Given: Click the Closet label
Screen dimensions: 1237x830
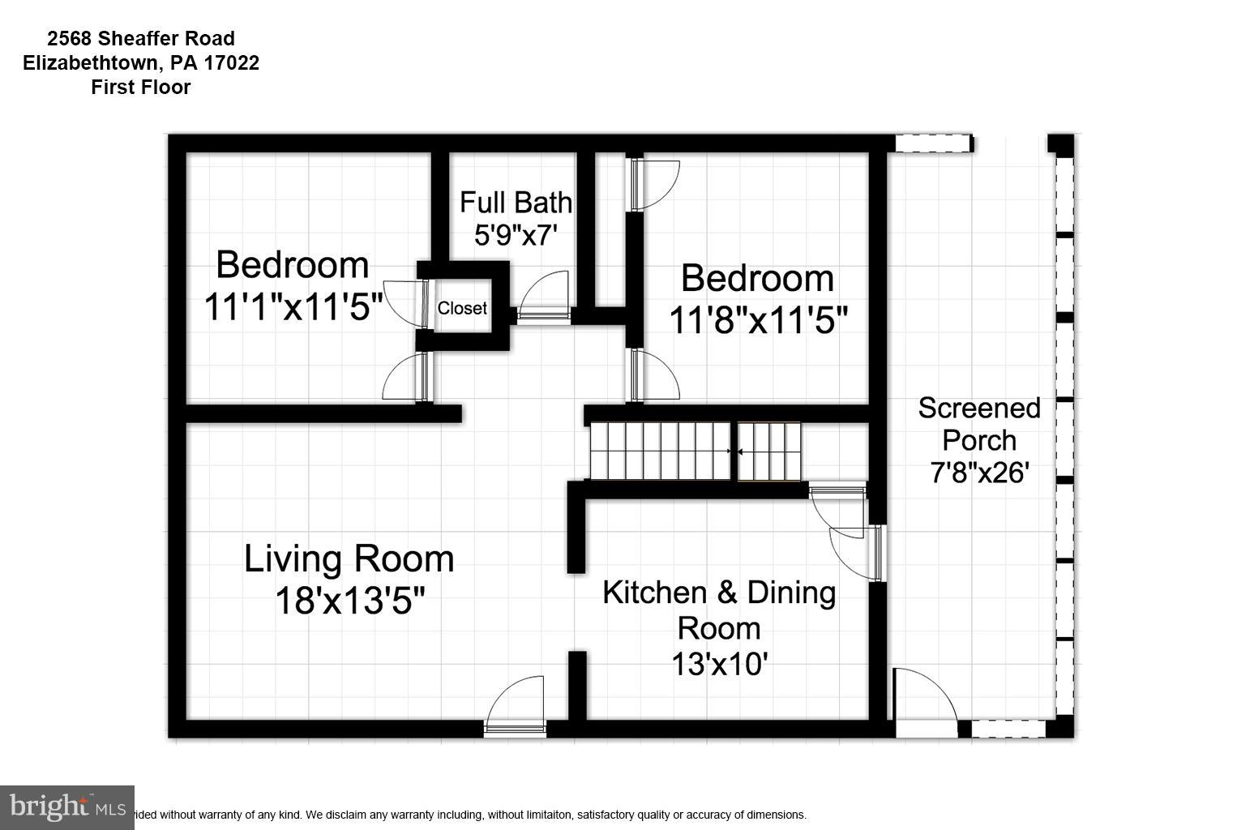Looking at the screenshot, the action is (462, 308).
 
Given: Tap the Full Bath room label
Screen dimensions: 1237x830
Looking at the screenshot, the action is (516, 202).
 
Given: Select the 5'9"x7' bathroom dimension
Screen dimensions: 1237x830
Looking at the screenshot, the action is (516, 235).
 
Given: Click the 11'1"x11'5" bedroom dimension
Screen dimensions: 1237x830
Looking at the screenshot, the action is (293, 306).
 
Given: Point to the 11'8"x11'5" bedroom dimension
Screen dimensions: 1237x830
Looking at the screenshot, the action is (758, 319).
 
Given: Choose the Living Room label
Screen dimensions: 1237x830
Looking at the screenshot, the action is (349, 558).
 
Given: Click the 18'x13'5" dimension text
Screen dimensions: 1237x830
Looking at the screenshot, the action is (350, 601).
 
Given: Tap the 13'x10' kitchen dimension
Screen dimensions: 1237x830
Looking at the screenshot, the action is (720, 663).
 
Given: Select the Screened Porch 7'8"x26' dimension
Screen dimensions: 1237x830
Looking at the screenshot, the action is (980, 473).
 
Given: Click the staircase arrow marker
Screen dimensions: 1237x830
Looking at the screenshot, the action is (735, 451).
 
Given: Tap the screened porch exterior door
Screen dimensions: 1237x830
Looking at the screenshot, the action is (925, 701).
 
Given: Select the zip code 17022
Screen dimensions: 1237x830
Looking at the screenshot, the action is (231, 63).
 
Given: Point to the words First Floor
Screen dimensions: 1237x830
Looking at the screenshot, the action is (141, 88).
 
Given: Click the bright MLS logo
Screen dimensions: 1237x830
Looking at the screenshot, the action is (66, 807).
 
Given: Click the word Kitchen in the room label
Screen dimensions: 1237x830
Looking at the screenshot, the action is (654, 593).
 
